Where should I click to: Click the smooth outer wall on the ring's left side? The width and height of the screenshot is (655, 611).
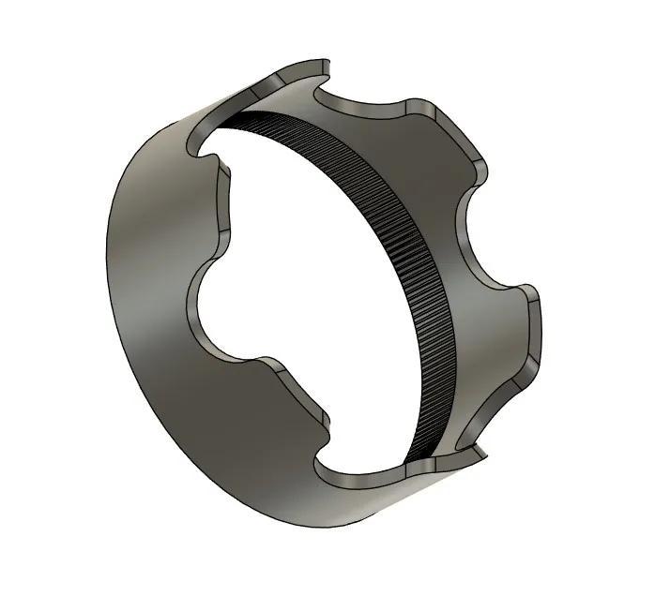coord(150,281)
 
